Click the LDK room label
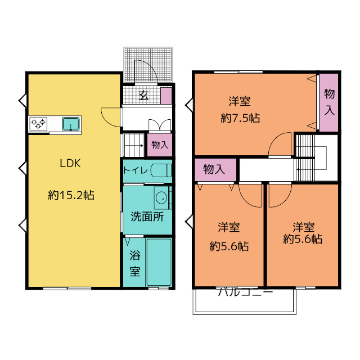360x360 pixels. [x=70, y=163]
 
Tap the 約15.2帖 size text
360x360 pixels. [x=71, y=195]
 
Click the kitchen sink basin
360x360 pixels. [x=71, y=124]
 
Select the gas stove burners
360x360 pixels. [x=38, y=124]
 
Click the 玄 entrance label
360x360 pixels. [x=143, y=95]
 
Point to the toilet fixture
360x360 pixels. [x=161, y=170]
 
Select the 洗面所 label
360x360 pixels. [x=147, y=217]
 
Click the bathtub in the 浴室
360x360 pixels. [x=159, y=262]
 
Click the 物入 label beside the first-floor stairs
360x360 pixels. [x=160, y=145]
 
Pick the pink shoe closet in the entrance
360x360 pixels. [x=166, y=96]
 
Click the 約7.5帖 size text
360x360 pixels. [x=240, y=119]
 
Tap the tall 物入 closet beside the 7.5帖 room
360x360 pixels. [x=328, y=102]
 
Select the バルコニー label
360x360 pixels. [x=246, y=292]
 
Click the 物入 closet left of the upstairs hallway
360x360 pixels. [x=215, y=169]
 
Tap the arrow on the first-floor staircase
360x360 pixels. [x=139, y=145]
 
